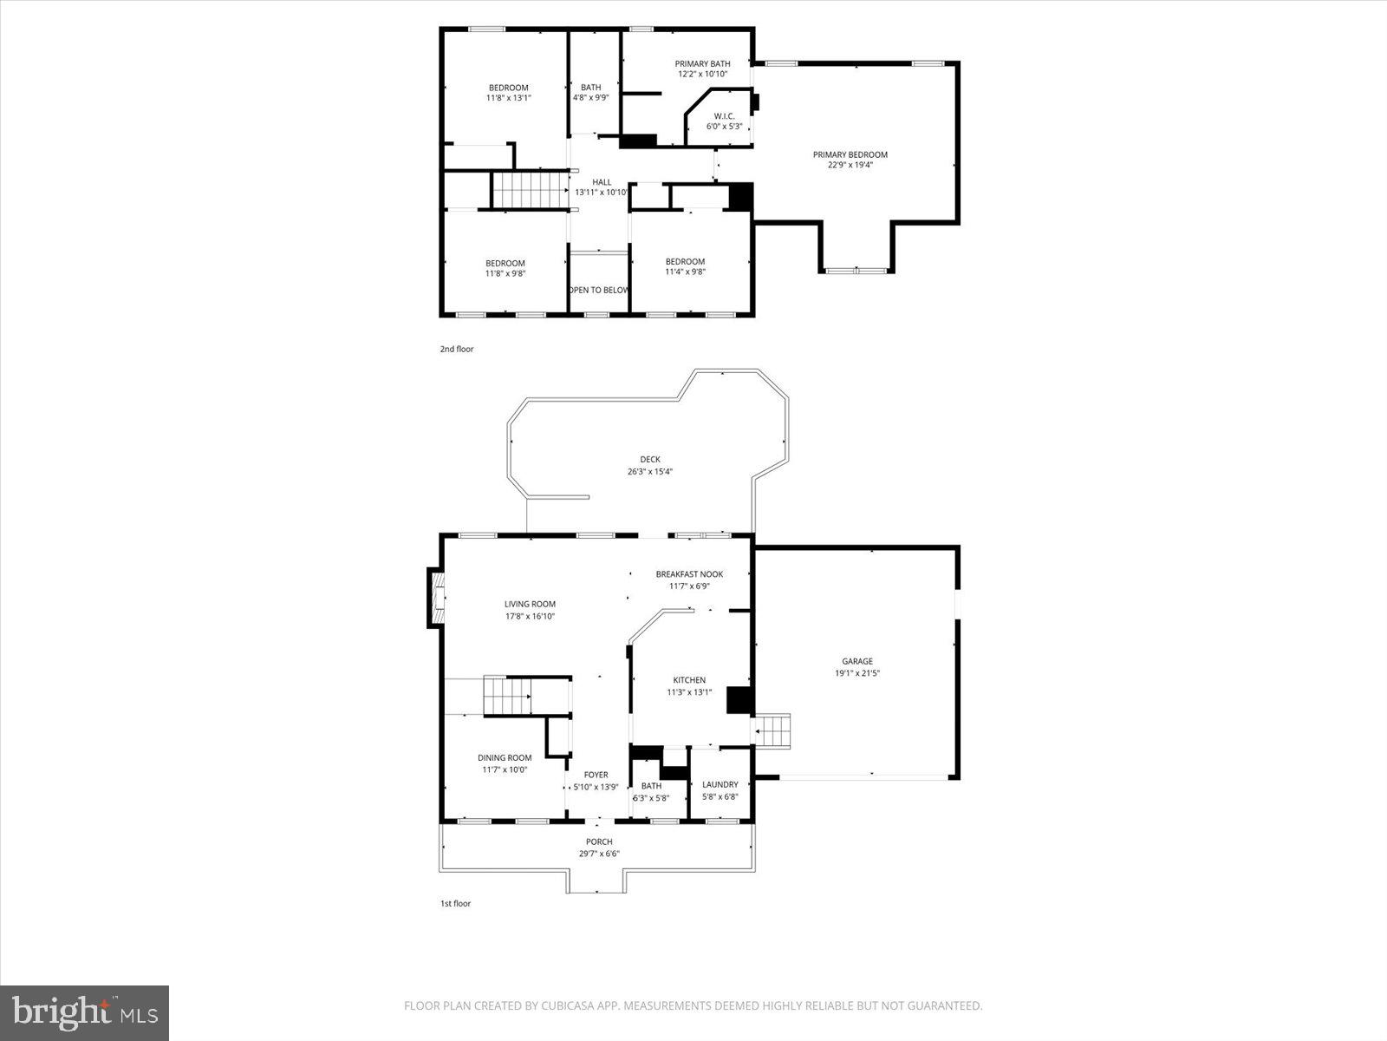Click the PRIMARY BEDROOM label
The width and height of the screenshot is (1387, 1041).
coord(850,154)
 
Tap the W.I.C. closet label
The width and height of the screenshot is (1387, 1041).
coord(724,116)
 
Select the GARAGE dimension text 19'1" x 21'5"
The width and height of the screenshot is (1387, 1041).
coord(857,672)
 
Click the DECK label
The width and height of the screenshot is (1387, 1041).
coord(650,460)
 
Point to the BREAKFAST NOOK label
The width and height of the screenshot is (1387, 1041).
coord(689,574)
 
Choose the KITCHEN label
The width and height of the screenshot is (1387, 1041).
coord(689,680)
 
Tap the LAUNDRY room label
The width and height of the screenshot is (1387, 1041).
coord(720,784)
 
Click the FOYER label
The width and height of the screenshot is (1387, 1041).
coord(596,775)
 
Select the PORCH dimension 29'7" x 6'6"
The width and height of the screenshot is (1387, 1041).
coord(598,854)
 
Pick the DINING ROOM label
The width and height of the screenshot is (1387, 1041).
coord(505,757)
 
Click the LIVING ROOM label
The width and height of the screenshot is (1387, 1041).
coord(530,605)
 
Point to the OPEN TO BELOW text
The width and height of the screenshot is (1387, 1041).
coord(598,290)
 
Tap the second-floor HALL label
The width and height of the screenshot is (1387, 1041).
coord(602,182)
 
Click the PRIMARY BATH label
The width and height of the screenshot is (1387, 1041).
coord(702,63)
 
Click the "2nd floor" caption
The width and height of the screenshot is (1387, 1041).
coord(457,350)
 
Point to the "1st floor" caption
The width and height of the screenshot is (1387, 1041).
coord(455,904)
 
